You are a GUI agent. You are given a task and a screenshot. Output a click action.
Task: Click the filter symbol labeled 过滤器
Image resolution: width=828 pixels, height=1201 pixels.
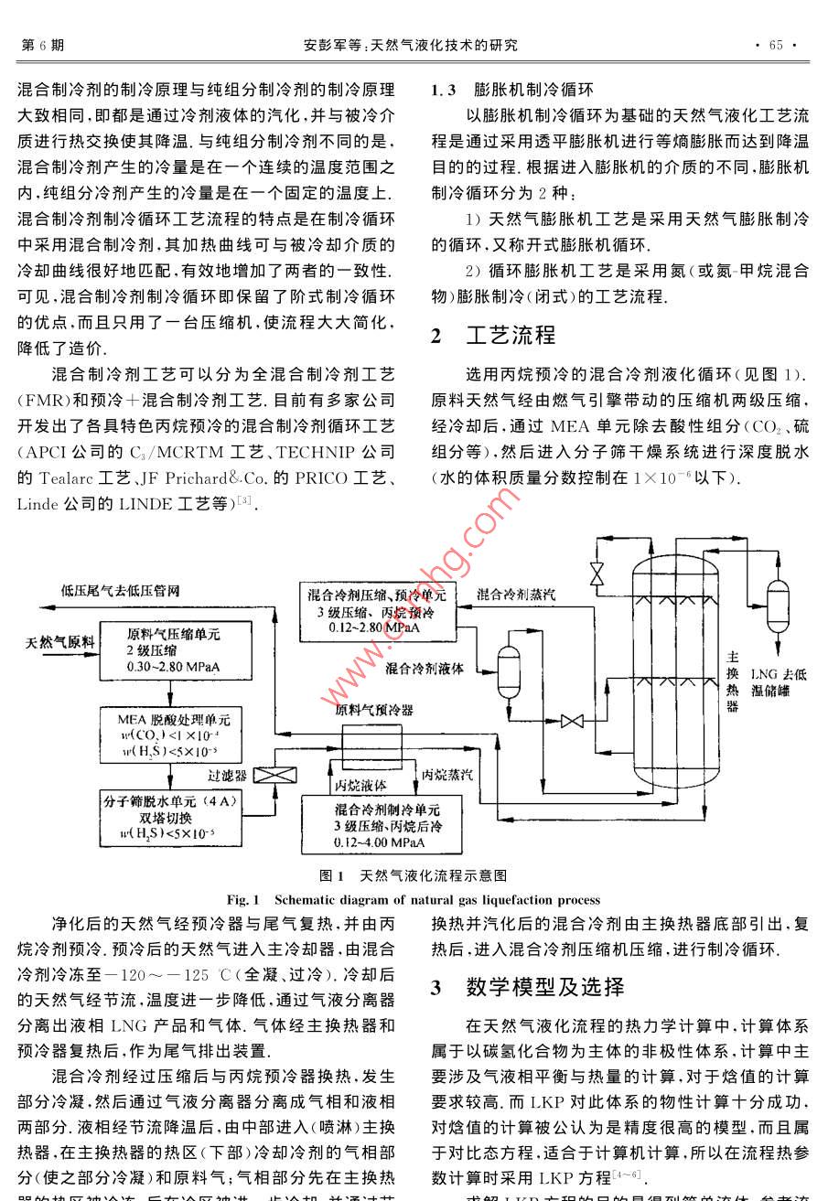(x=269, y=775)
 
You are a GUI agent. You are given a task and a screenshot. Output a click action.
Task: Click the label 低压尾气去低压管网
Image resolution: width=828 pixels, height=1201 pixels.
(x=120, y=592)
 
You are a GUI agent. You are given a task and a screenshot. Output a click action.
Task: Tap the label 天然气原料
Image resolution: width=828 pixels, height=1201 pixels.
(x=60, y=642)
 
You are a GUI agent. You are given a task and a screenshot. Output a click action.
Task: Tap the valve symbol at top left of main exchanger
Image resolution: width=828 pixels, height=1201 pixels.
(x=597, y=573)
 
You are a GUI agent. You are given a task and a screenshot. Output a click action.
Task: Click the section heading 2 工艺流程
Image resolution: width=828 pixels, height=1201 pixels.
(x=493, y=336)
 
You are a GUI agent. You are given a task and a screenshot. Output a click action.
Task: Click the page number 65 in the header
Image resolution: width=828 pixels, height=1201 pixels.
(x=776, y=46)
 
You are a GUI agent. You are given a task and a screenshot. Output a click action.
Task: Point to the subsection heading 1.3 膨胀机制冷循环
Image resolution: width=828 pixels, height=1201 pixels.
(x=512, y=91)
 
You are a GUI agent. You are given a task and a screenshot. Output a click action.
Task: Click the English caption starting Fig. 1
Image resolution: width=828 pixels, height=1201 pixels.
(x=414, y=900)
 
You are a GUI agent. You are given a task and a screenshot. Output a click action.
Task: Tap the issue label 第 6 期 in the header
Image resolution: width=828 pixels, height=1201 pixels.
(x=42, y=46)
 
